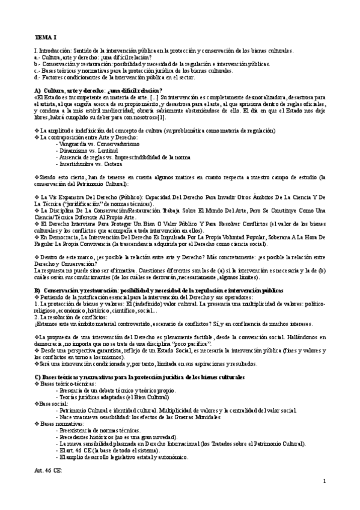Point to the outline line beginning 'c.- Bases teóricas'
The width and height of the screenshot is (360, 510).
(x=133, y=70)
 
